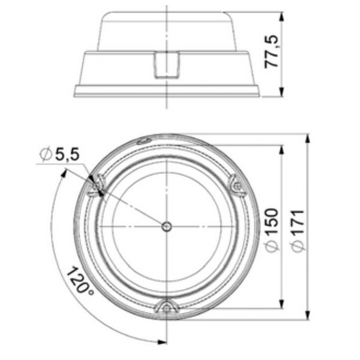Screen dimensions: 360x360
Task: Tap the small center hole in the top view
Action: tap(167, 226)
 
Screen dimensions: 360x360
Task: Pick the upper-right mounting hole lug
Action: tap(236, 185)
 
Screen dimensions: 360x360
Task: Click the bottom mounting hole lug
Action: tap(166, 308)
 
